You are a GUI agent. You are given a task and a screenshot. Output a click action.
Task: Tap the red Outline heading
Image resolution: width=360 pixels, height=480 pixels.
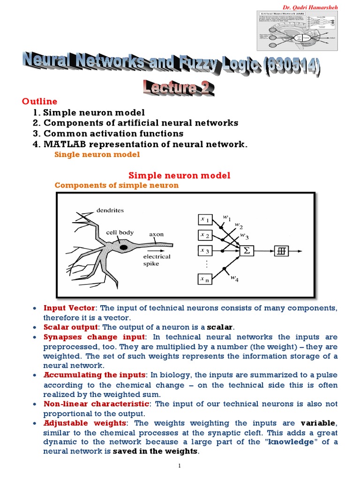point(39,101)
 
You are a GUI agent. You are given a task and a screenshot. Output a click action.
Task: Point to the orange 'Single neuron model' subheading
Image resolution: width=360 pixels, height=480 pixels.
point(97,154)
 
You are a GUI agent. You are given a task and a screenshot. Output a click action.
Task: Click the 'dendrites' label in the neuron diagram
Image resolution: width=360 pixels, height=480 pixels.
point(110,210)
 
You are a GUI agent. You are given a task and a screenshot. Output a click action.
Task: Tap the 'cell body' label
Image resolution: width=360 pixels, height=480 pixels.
point(120,232)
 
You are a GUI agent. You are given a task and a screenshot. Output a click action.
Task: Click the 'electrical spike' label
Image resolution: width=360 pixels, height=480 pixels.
point(157,260)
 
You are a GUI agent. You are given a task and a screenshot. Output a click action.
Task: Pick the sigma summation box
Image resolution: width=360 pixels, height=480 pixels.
point(247,251)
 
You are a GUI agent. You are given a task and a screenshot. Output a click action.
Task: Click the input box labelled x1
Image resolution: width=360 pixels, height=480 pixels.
point(205,218)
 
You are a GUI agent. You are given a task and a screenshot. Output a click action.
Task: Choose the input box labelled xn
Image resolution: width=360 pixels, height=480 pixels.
point(205,280)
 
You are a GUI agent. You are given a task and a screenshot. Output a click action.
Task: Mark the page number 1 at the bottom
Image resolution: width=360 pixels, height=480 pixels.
point(180,465)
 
